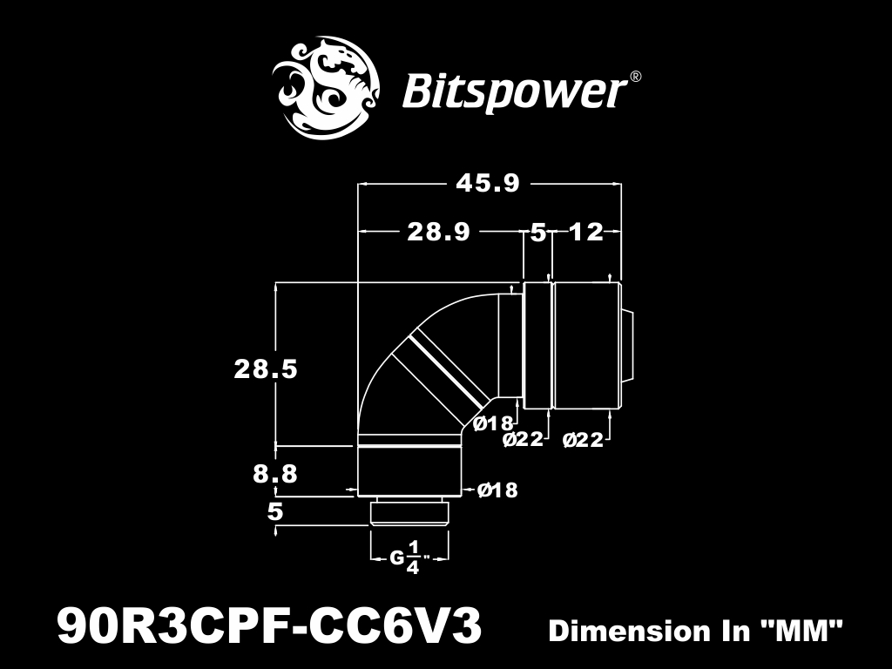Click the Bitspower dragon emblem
tap(326, 87)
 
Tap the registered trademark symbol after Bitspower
tap(636, 77)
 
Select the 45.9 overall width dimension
tap(488, 184)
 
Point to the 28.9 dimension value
tap(439, 232)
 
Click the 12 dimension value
tap(586, 232)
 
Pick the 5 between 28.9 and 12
tap(538, 233)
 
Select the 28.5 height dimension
tap(266, 369)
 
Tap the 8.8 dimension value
tap(275, 474)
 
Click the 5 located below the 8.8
tap(275, 512)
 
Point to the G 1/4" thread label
tap(409, 558)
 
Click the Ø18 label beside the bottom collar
tap(497, 490)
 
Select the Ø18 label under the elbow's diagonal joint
tap(493, 423)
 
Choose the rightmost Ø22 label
tap(583, 440)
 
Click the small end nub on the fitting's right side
tap(627, 345)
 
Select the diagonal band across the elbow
tap(440, 375)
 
